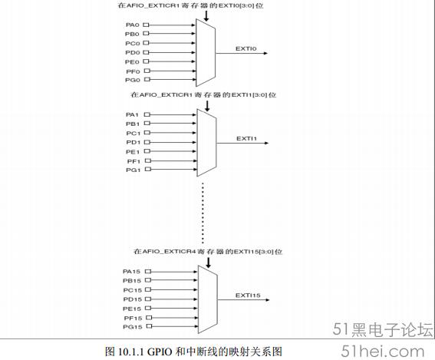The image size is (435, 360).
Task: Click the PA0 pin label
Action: tap(132, 25)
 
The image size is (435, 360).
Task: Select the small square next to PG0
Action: tap(147, 79)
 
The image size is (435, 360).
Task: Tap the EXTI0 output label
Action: tap(246, 48)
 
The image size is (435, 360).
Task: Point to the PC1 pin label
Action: tap(133, 134)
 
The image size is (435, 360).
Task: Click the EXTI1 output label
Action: tap(246, 138)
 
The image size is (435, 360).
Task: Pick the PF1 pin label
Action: tap(133, 161)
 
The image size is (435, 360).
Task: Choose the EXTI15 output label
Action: tap(248, 296)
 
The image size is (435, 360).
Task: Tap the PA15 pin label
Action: tap(131, 272)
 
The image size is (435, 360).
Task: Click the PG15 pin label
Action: tap(133, 327)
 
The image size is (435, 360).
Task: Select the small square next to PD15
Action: tap(148, 299)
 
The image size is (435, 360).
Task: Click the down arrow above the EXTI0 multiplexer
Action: tap(206, 16)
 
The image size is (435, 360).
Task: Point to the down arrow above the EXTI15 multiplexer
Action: tap(208, 263)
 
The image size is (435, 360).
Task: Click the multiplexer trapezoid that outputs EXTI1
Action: tap(206, 143)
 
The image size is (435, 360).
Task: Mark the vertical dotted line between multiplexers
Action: tap(203, 213)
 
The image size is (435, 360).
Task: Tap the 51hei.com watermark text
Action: tap(383, 351)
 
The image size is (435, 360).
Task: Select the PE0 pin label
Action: tap(132, 61)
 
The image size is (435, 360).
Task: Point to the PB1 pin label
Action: tap(133, 124)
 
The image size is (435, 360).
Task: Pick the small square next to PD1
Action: tap(147, 142)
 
